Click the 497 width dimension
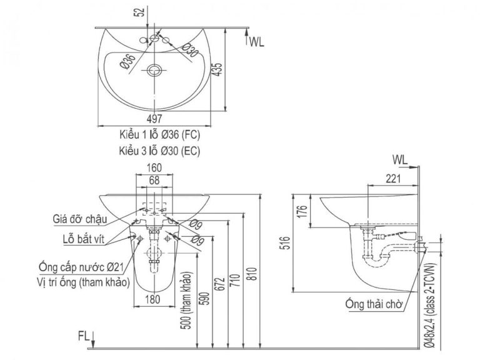[x=155, y=119]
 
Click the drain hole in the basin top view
[x=155, y=70]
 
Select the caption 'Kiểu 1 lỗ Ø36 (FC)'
[x=160, y=134]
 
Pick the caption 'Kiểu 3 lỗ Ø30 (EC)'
[x=160, y=151]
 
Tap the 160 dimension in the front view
[x=155, y=167]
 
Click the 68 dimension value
[x=155, y=180]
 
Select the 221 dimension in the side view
[x=392, y=180]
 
